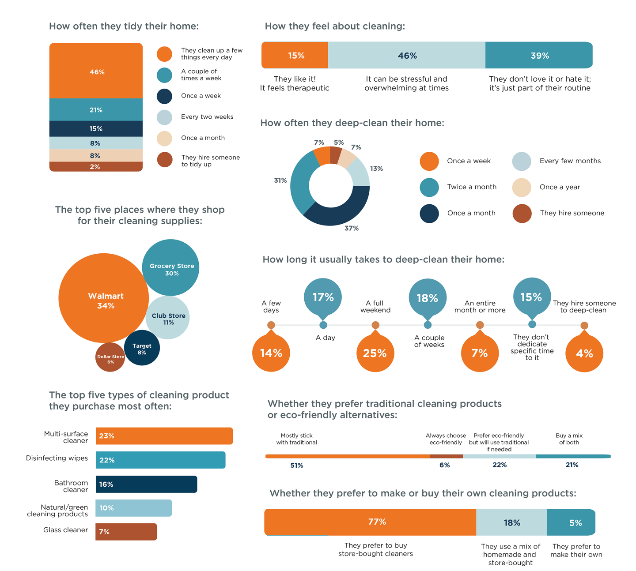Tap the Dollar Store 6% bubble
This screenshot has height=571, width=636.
point(110,357)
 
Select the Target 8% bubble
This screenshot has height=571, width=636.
point(142,348)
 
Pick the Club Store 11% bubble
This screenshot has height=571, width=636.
point(168,318)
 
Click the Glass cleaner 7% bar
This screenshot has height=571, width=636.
point(126,532)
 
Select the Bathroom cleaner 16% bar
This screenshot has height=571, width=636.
point(146,484)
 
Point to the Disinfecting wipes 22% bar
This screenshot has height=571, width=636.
point(160,460)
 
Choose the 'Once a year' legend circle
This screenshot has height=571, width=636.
point(522,188)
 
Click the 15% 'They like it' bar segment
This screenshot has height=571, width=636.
point(295,56)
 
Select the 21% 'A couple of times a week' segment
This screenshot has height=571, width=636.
point(96,110)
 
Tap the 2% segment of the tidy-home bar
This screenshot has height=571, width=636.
point(96,167)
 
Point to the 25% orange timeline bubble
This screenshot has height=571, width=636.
point(375,353)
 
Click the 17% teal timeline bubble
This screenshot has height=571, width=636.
point(323,297)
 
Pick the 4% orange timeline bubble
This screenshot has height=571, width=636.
point(584,353)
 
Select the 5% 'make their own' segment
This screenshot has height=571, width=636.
point(571,522)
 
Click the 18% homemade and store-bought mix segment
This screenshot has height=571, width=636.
point(511,522)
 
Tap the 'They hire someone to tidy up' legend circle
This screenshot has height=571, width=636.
point(165,160)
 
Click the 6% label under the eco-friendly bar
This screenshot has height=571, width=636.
point(444,465)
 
